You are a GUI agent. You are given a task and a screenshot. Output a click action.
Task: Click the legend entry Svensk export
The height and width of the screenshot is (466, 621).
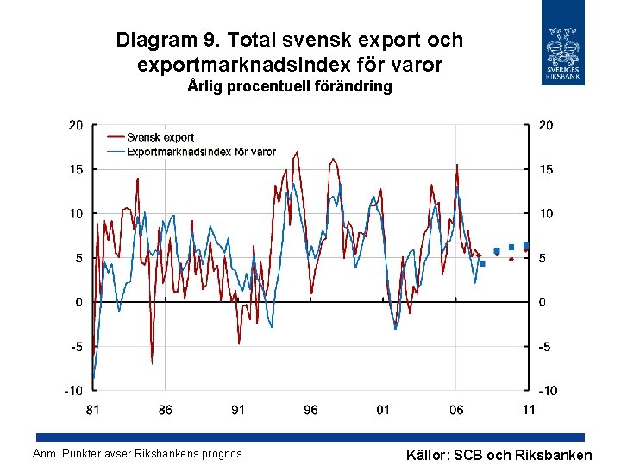pyautogui.click(x=160, y=137)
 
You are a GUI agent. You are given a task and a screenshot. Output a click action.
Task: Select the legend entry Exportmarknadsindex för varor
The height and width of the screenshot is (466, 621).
pyautogui.click(x=200, y=151)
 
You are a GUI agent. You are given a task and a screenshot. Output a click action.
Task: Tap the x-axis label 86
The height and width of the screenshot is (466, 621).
pyautogui.click(x=165, y=410)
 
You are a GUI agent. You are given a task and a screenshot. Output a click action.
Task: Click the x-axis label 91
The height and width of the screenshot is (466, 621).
pyautogui.click(x=238, y=410)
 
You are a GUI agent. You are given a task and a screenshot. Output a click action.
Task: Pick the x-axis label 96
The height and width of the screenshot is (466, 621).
pyautogui.click(x=310, y=410)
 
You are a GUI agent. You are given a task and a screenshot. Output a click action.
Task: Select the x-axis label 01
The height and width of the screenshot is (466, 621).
pyautogui.click(x=383, y=410)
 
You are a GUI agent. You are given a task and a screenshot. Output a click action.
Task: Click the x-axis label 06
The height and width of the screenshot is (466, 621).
pyautogui.click(x=456, y=410)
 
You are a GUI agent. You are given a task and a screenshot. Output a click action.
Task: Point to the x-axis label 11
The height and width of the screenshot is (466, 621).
pyautogui.click(x=529, y=410)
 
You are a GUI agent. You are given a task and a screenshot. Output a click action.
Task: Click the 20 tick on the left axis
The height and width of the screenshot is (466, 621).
pyautogui.click(x=76, y=125)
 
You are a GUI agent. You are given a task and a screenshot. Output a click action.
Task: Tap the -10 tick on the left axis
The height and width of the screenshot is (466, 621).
pyautogui.click(x=73, y=391)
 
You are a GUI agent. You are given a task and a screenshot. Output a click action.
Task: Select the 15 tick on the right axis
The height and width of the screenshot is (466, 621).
pyautogui.click(x=546, y=170)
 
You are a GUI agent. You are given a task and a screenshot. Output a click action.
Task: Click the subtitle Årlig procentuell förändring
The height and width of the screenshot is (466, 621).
pyautogui.click(x=290, y=86)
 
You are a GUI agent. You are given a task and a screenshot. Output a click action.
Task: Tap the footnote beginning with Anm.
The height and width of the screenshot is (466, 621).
pyautogui.click(x=138, y=453)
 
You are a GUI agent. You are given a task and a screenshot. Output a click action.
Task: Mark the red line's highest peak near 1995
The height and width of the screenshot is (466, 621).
pyautogui.click(x=297, y=153)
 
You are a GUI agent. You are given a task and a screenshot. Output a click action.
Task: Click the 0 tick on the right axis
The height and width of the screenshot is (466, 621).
pyautogui.click(x=543, y=302)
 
